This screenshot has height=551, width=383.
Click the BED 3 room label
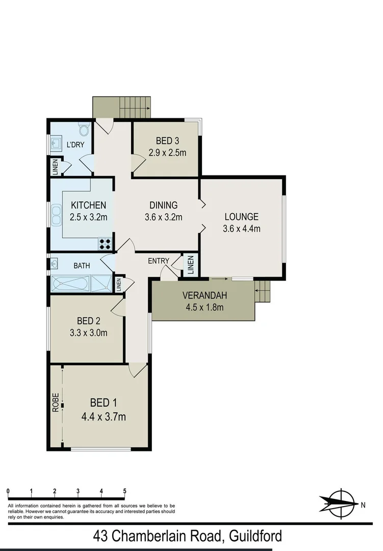[165, 141]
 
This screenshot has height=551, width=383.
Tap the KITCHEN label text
[88, 205]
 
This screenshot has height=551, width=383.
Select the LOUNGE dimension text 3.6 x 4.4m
[241, 229]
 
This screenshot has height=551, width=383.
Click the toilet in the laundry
[84, 129]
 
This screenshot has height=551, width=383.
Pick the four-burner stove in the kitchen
[105, 243]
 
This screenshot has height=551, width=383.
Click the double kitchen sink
[55, 216]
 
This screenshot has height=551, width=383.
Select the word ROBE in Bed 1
[56, 403]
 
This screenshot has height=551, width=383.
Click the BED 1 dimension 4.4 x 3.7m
[104, 417]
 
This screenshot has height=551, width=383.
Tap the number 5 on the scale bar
[124, 491]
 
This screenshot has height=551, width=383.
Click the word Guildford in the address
[255, 536]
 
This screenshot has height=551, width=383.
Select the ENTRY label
[158, 261]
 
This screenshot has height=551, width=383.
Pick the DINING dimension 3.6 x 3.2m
[163, 217]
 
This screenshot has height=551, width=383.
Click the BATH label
[82, 265]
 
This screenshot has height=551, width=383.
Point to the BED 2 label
[88, 321]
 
